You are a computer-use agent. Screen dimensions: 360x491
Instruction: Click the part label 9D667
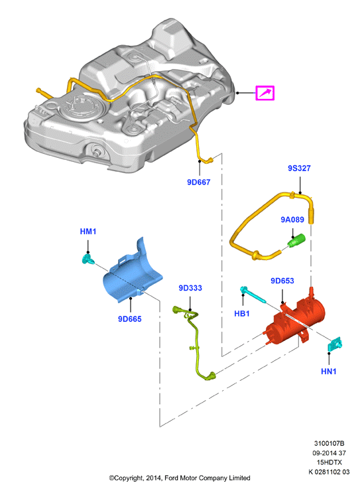tap(198, 182)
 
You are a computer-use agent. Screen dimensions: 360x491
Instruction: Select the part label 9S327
tap(299, 168)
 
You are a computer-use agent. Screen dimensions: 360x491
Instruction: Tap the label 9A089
tap(292, 220)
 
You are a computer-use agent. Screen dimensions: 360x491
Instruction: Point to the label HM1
tap(88, 232)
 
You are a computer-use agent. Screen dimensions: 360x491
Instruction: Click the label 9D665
tap(129, 318)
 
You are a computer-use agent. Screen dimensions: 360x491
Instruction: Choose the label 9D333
tap(190, 288)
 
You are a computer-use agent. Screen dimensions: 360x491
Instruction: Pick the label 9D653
tap(282, 281)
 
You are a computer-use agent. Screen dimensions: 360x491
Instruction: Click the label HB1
tap(242, 313)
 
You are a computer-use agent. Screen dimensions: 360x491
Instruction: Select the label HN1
tap(328, 372)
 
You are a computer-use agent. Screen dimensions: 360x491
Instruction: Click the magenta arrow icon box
tap(265, 93)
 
